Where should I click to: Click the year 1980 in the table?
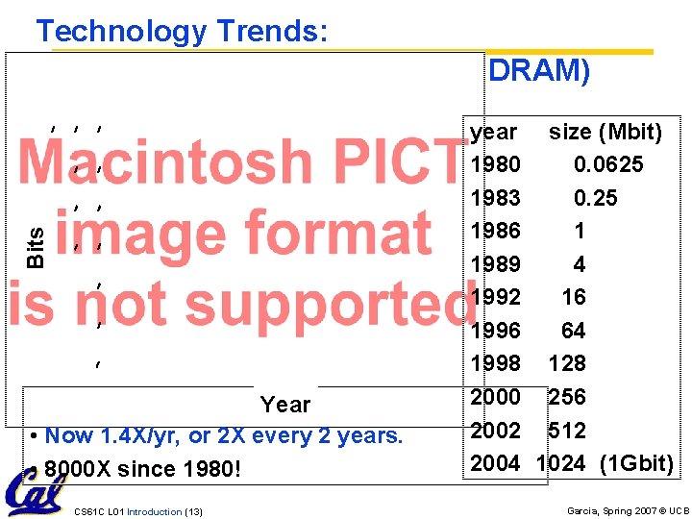tap(496, 165)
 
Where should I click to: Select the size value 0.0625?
tap(608, 165)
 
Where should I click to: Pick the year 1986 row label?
tap(496, 231)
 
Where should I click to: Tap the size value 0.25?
tap(596, 198)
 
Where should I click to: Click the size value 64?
tap(573, 331)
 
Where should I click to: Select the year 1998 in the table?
tap(496, 363)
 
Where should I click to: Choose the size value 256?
tap(567, 397)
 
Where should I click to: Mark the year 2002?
tap(496, 430)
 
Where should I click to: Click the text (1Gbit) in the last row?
tap(636, 463)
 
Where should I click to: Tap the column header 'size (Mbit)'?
tap(605, 132)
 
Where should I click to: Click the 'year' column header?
tap(493, 132)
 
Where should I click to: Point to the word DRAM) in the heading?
tap(539, 72)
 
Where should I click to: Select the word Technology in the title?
tap(119, 32)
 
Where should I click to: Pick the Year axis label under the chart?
tap(285, 405)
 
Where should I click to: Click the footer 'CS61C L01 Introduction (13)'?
tap(138, 511)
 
